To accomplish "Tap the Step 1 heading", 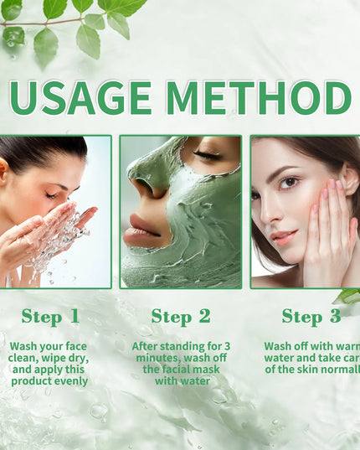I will (50, 316).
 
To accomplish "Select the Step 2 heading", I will (181, 316).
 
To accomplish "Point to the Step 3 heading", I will (311, 316).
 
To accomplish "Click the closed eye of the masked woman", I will (208, 155).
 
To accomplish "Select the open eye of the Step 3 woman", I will (290, 182).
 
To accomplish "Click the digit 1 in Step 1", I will (74, 316).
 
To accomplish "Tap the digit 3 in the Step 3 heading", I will (334, 316).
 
